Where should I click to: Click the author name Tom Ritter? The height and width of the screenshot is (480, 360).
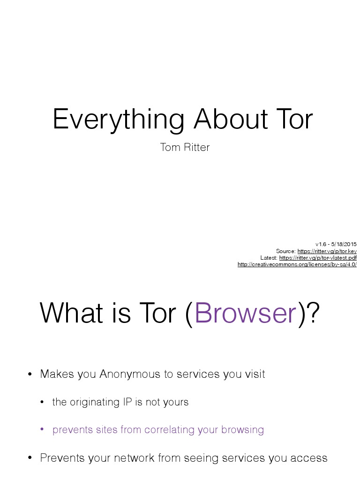click(x=185, y=147)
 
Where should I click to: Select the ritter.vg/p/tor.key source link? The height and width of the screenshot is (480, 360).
click(x=327, y=251)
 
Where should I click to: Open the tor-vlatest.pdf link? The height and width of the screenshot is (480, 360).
click(x=318, y=258)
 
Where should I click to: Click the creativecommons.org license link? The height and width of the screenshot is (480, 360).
click(x=297, y=264)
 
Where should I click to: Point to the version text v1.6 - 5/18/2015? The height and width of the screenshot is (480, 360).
click(x=336, y=244)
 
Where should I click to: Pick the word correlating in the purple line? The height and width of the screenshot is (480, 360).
click(x=175, y=430)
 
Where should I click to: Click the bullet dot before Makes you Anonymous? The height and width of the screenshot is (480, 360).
click(x=30, y=375)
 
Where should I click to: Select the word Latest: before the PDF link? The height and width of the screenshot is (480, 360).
click(x=269, y=258)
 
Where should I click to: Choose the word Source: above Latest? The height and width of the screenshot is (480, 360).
click(x=285, y=251)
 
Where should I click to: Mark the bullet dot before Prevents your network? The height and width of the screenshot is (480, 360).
click(x=30, y=458)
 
